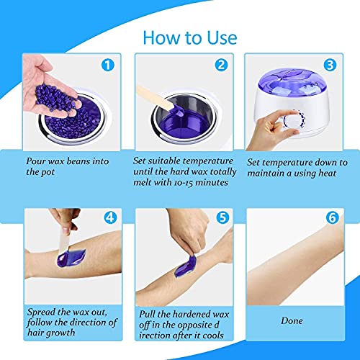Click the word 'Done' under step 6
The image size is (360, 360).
[291, 321]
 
